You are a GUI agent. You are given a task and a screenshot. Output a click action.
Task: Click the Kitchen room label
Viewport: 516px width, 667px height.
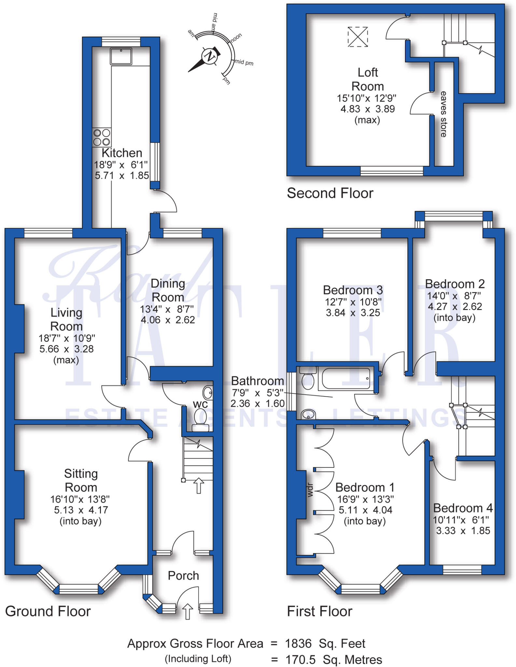click(x=122, y=153)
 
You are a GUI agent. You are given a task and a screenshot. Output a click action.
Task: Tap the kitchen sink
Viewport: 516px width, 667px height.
click(x=121, y=56)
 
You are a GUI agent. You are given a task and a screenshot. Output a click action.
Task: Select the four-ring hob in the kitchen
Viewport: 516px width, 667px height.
click(x=102, y=137)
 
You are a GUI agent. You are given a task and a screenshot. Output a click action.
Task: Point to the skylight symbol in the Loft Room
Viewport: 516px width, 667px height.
click(x=357, y=37)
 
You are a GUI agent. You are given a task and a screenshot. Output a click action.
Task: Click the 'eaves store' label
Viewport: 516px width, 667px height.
click(x=443, y=114)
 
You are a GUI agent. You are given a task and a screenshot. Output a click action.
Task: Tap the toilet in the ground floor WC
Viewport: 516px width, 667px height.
click(x=201, y=419)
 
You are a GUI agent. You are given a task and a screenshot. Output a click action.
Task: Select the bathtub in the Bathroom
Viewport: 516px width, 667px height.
click(x=346, y=378)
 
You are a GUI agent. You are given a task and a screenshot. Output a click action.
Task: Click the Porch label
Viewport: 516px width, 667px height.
click(x=183, y=575)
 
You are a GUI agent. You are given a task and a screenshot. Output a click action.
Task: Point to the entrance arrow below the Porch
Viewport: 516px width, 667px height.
click(x=187, y=611)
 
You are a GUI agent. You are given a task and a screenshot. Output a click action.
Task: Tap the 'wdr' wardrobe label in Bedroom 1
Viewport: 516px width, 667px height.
click(x=310, y=490)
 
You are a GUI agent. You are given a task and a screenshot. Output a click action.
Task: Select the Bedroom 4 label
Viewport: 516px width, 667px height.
click(x=463, y=508)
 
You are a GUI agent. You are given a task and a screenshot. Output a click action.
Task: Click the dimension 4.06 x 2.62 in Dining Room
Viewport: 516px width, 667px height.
click(x=168, y=320)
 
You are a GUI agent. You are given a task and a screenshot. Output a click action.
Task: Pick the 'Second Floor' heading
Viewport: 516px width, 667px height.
click(x=330, y=193)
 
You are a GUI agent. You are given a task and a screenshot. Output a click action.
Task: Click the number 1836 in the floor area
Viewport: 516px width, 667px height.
click(x=298, y=644)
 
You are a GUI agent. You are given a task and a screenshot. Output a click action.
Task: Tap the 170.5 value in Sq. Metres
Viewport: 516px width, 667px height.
click(x=300, y=660)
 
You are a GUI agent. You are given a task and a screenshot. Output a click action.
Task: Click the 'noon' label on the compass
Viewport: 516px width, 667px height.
click(x=236, y=37)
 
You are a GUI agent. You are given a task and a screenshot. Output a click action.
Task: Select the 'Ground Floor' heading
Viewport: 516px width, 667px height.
click(x=48, y=611)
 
